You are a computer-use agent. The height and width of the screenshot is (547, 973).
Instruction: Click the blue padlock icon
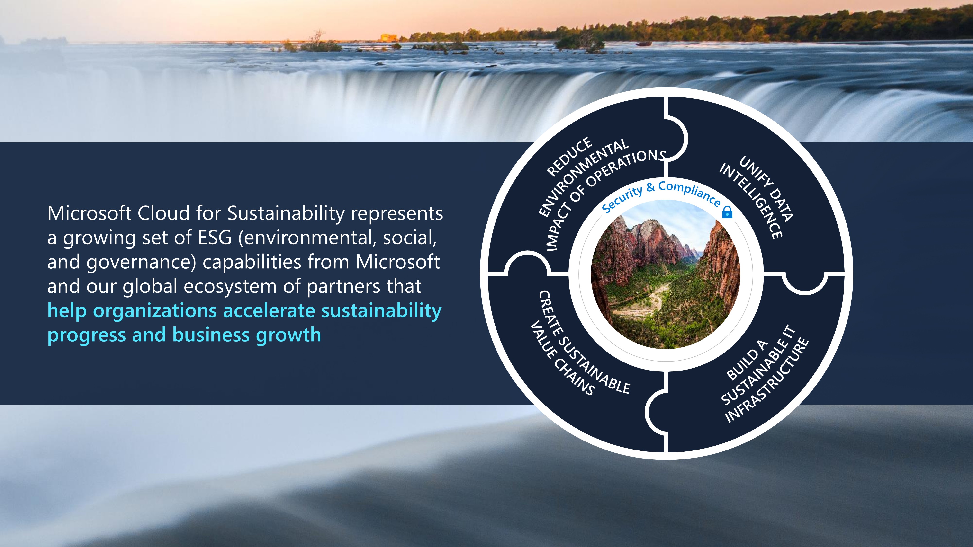[727, 212]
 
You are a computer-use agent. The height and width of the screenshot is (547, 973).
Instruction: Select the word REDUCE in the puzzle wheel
[570, 156]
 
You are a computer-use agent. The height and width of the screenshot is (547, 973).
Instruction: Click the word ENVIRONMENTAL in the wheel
[584, 177]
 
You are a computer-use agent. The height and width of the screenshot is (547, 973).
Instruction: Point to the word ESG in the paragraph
[214, 238]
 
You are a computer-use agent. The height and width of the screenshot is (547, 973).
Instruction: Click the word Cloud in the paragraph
[163, 213]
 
